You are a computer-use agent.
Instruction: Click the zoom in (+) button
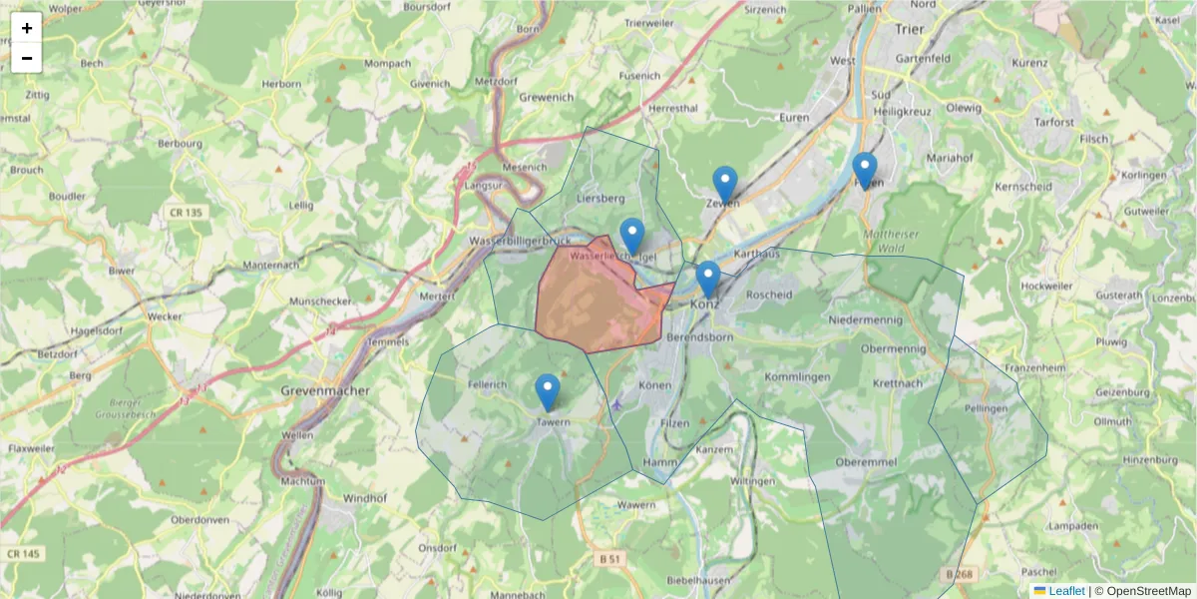click(27, 28)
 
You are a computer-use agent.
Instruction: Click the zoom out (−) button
click(27, 58)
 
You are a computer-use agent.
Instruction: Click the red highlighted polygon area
click(594, 299)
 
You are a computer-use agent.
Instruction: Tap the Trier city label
click(910, 30)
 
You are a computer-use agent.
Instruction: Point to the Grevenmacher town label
click(325, 390)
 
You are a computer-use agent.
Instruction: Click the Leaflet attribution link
click(1065, 591)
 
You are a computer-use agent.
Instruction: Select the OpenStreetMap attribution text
click(1143, 591)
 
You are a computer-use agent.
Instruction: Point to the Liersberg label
click(600, 199)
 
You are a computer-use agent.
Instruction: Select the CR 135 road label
click(186, 213)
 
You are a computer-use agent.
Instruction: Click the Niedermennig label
click(865, 319)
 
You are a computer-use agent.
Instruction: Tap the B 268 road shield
click(958, 574)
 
